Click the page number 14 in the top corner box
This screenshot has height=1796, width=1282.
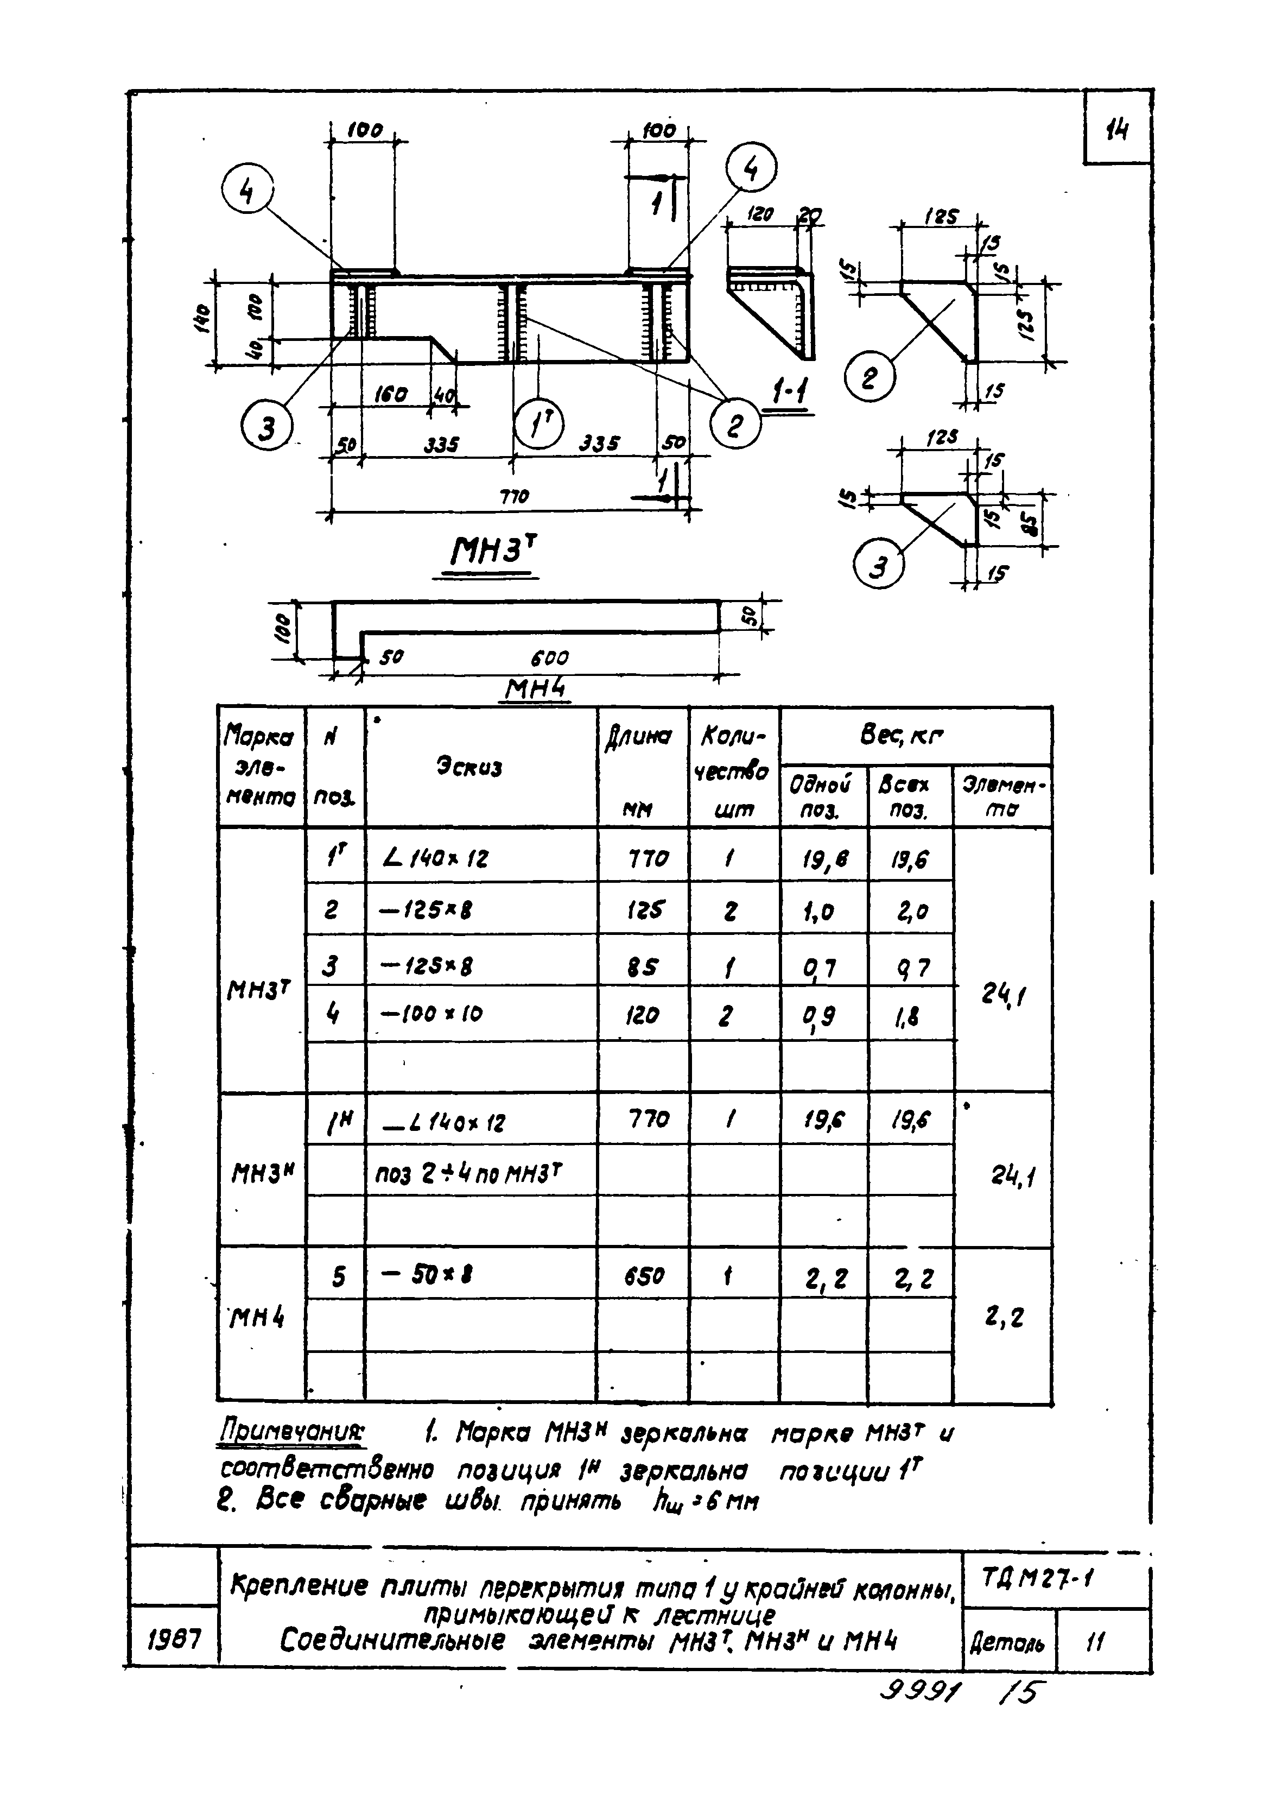click(1117, 129)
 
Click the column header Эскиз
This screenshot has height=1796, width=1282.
click(469, 767)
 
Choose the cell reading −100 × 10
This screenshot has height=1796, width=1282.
click(432, 1013)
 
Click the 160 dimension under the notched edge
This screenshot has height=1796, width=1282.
click(391, 394)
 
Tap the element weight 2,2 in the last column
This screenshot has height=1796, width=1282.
click(1004, 1317)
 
